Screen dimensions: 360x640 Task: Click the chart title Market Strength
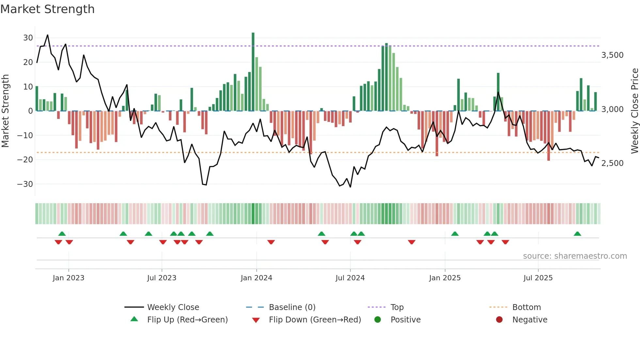(x=47, y=9)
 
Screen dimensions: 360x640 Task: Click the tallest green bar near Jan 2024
(x=253, y=72)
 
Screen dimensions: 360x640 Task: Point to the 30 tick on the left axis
(x=28, y=38)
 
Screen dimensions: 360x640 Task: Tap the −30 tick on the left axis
(x=25, y=184)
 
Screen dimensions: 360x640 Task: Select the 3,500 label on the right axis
(x=612, y=55)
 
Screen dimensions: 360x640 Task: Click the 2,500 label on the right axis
(x=612, y=163)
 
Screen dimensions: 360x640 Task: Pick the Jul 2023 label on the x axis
(x=162, y=278)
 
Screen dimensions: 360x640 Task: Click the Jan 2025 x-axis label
(x=445, y=278)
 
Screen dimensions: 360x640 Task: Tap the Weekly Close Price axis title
(x=634, y=111)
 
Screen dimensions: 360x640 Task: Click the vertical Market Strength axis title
(x=6, y=111)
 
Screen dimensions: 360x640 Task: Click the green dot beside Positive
(x=378, y=319)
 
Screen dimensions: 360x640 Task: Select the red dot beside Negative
(x=499, y=319)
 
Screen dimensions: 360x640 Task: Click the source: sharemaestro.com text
(x=575, y=256)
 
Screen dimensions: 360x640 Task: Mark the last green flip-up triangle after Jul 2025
(x=577, y=234)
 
